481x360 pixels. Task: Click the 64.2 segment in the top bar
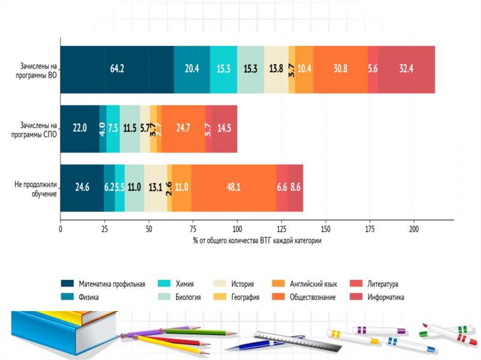(117, 69)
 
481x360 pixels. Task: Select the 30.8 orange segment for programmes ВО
(340, 69)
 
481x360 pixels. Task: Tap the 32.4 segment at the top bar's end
(406, 69)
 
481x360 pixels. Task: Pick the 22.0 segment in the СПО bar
(80, 129)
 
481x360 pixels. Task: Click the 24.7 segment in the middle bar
(183, 129)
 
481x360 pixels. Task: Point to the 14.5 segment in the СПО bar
(224, 129)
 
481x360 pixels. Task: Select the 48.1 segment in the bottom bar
(233, 188)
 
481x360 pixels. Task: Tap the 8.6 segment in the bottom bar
(295, 188)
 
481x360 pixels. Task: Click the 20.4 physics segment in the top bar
(192, 69)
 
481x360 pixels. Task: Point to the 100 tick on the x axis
(237, 230)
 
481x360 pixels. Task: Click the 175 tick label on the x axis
(369, 230)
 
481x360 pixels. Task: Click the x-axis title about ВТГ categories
(256, 240)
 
